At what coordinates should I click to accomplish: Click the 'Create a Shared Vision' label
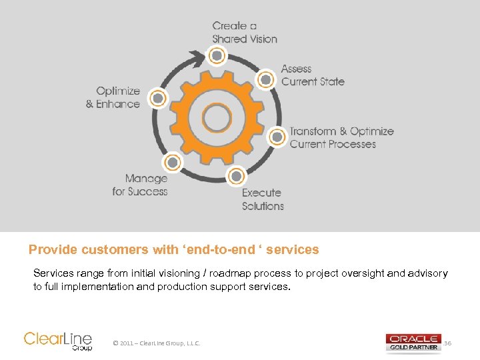tap(245, 32)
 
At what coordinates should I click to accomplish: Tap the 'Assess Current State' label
tap(313, 75)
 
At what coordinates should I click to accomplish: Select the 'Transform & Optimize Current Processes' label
tap(341, 137)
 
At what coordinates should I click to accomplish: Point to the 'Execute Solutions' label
tap(263, 199)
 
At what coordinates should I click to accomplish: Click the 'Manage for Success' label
tap(140, 185)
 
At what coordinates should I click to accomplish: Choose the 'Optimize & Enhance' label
tap(113, 97)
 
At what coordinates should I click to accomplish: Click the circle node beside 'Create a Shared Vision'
tap(216, 56)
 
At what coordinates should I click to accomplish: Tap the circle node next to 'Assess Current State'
tap(265, 80)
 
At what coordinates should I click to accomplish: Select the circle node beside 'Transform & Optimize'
tap(277, 137)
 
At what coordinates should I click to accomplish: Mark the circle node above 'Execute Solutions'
tap(235, 177)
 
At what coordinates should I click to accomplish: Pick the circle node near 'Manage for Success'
tap(172, 162)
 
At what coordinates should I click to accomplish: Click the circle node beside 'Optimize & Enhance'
tap(157, 99)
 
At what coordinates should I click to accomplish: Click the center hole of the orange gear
tap(216, 118)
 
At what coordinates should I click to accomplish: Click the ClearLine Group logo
tap(58, 340)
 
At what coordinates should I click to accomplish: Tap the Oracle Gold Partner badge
tap(413, 342)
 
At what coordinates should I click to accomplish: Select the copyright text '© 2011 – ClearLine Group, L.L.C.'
tap(157, 343)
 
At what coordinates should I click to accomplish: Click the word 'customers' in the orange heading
tap(116, 250)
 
